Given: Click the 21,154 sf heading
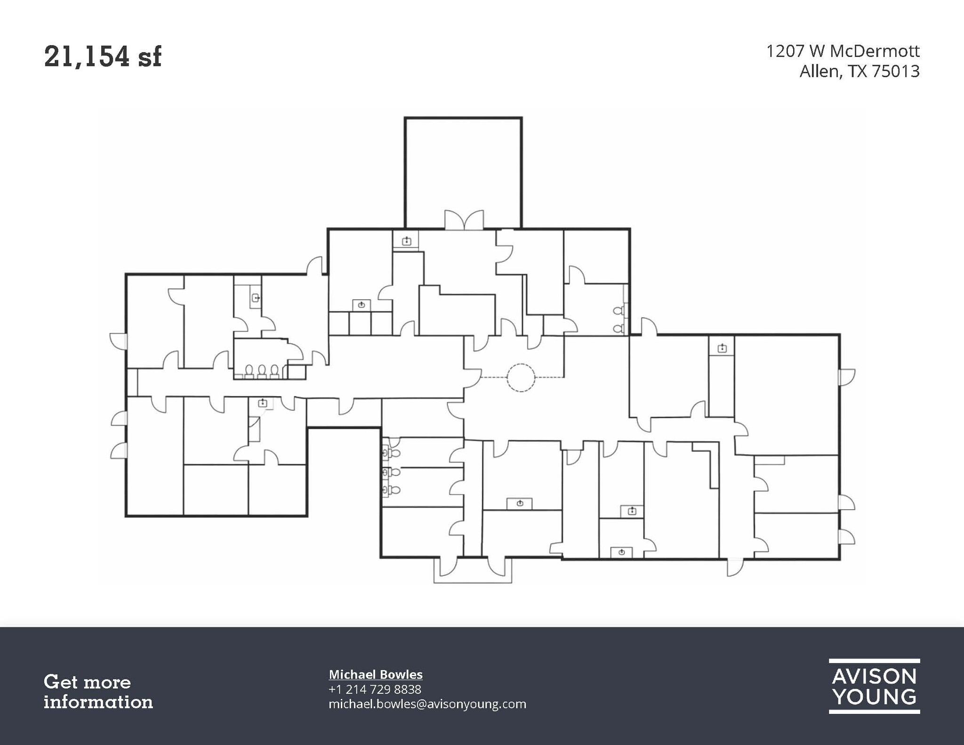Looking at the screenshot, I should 103,57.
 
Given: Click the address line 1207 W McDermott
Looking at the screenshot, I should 843,51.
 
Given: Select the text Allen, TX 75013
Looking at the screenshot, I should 859,72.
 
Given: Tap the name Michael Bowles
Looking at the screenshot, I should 376,674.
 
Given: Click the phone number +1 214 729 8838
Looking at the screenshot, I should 375,689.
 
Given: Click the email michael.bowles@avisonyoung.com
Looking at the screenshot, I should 427,704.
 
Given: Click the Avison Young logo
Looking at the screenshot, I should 874,686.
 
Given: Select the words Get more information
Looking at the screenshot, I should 98,692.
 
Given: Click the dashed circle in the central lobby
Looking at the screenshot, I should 521,377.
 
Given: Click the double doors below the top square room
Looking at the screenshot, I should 464,220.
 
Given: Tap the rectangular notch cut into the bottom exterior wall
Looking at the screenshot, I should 344,471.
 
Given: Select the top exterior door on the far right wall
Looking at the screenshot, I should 846,377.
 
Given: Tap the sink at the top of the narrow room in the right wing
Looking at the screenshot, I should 722,348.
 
